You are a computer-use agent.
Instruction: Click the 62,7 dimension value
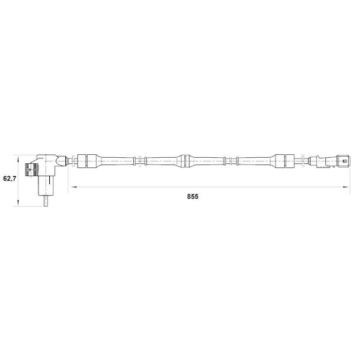[x=10, y=178]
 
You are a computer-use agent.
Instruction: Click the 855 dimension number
[x=193, y=197]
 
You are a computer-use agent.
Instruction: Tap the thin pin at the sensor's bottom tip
[x=46, y=201]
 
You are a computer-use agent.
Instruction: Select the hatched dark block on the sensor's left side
[x=31, y=170]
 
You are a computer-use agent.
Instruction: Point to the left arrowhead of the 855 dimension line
[x=74, y=187]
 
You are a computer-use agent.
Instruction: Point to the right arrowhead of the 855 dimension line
[x=346, y=187]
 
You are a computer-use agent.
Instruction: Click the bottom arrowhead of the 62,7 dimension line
[x=18, y=203]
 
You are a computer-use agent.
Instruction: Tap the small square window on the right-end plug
[x=344, y=161]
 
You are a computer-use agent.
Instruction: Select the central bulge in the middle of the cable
[x=185, y=161]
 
